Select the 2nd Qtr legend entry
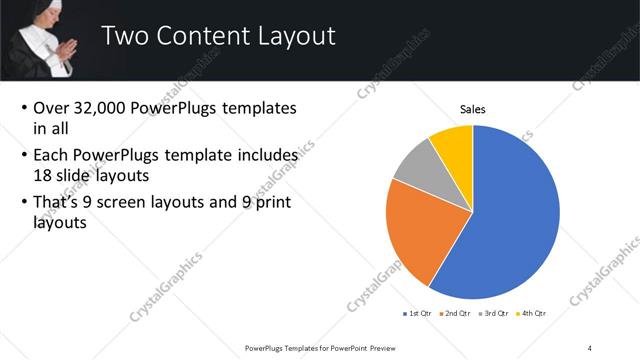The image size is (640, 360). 458,313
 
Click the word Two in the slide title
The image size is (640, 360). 125,37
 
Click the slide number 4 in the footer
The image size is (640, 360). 591,347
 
